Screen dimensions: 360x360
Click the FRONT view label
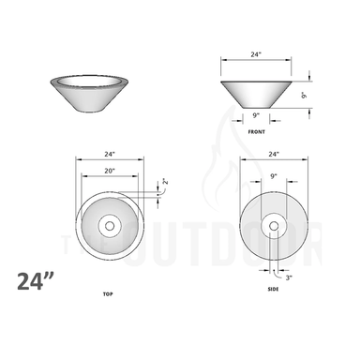click(x=256, y=133)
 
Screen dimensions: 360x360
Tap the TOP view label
click(x=108, y=294)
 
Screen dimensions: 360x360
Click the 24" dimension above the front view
click(x=256, y=55)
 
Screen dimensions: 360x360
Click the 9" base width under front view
click(x=256, y=115)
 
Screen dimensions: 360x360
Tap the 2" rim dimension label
click(x=165, y=182)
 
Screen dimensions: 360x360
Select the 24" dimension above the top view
click(x=109, y=154)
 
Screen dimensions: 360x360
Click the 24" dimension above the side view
click(x=274, y=154)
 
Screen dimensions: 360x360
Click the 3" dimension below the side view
click(x=290, y=277)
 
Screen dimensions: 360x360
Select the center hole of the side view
click(x=274, y=225)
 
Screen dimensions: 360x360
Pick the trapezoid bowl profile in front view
click(x=256, y=94)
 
